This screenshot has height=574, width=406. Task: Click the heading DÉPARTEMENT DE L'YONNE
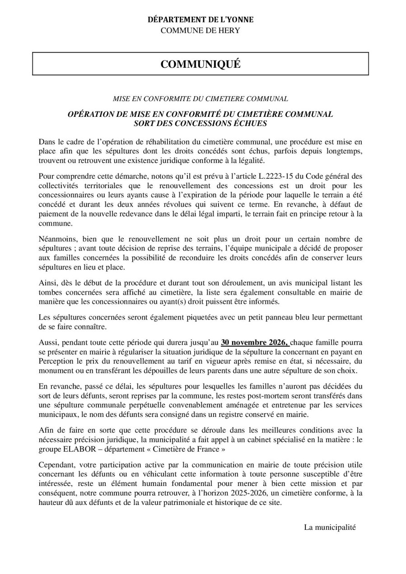tap(201, 19)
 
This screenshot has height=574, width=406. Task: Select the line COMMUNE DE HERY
tap(201, 30)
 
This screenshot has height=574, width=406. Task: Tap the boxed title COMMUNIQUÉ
tap(201, 64)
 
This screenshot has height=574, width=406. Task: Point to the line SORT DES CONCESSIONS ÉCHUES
tap(201, 123)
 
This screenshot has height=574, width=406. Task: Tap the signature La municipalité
tap(330, 527)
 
